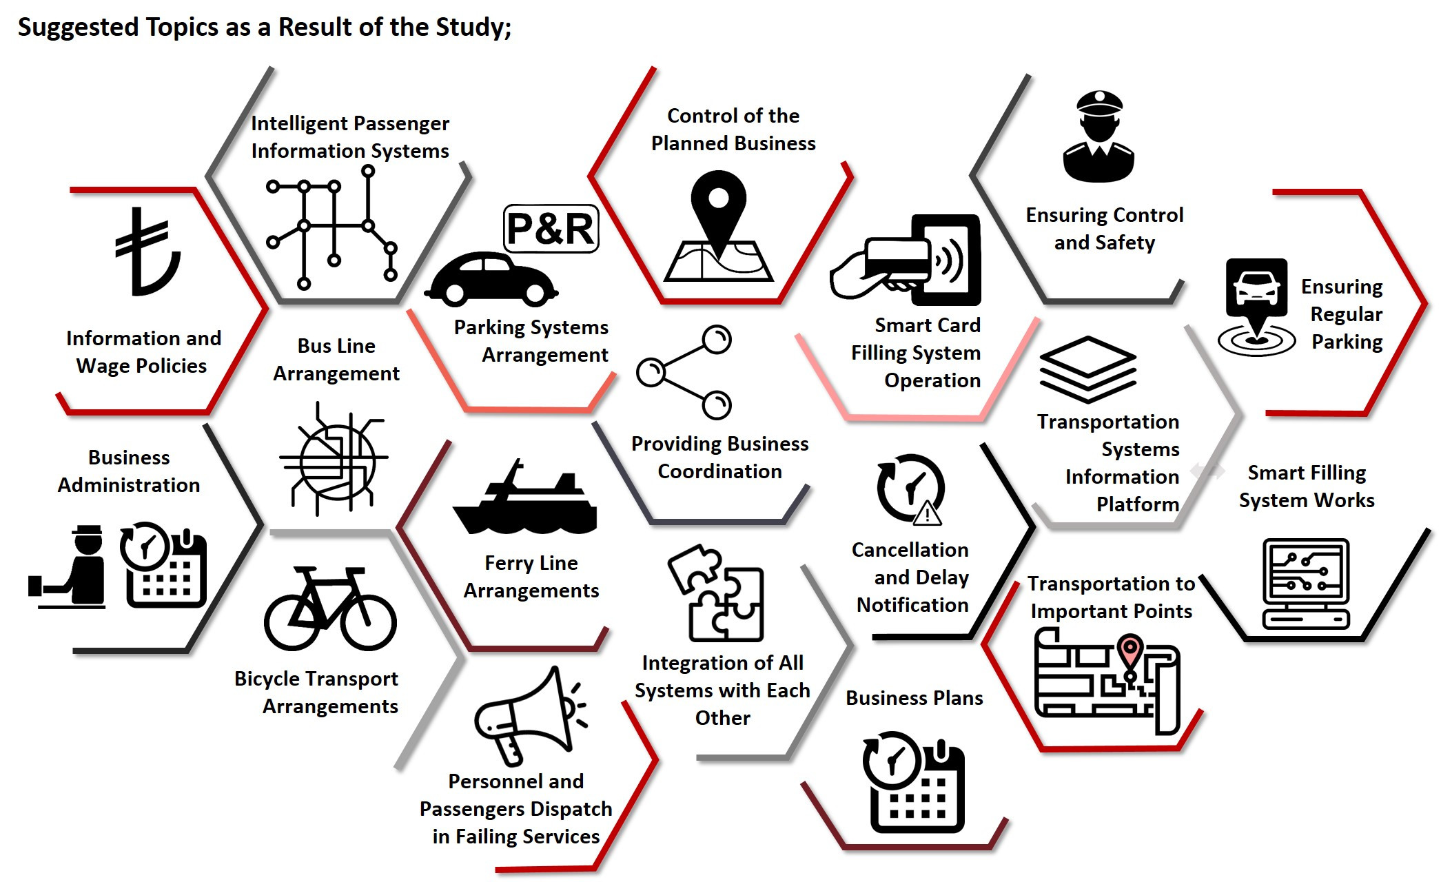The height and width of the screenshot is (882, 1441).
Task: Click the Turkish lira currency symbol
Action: point(147,252)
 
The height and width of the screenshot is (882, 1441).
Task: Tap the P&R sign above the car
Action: point(551,229)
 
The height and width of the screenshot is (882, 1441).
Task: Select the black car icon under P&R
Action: point(490,280)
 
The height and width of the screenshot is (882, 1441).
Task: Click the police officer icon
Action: point(1098,137)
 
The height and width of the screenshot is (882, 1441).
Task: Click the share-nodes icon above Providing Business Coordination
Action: point(684,372)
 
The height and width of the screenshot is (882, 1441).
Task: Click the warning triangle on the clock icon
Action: point(928,513)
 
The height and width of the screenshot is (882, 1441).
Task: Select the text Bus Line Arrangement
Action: point(336,359)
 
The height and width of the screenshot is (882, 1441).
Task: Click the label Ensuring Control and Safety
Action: point(1104,228)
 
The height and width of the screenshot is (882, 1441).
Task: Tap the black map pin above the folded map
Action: point(718,207)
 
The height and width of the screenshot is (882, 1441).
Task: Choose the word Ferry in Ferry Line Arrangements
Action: point(506,563)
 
